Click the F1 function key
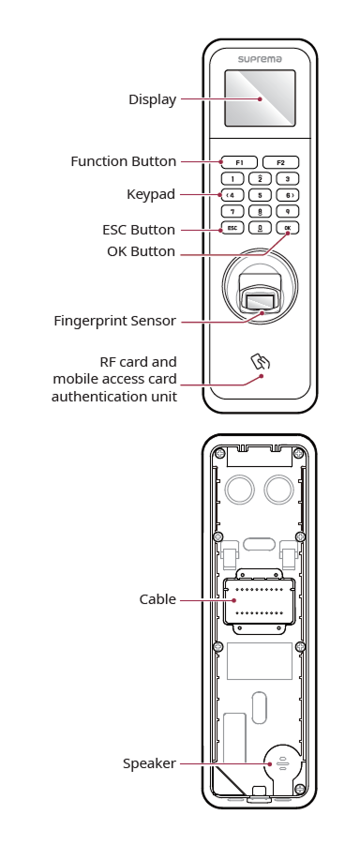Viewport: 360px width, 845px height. [239, 162]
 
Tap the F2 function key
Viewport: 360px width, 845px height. [280, 162]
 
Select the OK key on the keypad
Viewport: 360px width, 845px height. [288, 228]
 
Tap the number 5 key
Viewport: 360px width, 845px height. [260, 195]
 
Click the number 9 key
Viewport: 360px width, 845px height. [288, 212]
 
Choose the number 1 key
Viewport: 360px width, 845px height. [232, 179]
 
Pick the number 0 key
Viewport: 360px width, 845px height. [260, 228]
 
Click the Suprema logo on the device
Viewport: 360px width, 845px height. [260, 59]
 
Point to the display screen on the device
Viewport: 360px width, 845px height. [260, 98]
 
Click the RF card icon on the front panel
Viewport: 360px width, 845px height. [258, 361]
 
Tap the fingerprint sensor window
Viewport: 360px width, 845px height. [260, 301]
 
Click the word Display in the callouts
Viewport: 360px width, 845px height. [153, 99]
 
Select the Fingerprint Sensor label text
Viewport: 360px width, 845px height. [114, 321]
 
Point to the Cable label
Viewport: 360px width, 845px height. [157, 599]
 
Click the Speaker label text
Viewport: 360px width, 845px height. [149, 763]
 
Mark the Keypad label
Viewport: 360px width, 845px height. [151, 194]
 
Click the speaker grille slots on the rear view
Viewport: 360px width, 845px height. [281, 763]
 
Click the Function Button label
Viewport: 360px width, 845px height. [124, 161]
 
